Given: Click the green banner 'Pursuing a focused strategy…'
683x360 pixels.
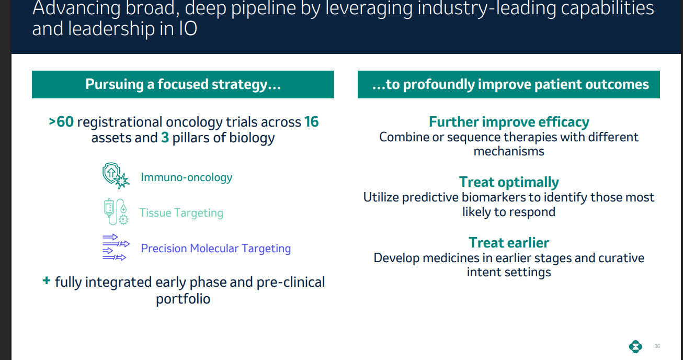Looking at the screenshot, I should coord(183,85).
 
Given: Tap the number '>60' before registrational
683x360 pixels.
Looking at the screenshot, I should coord(61,122).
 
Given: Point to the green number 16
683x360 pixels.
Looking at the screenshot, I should coord(311,122).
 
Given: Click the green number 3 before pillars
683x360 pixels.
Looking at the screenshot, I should coord(165,138).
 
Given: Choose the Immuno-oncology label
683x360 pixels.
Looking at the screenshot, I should coord(186,177).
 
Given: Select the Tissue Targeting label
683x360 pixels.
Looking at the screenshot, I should coord(181,213).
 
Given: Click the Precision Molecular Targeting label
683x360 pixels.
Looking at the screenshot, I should coord(215,249).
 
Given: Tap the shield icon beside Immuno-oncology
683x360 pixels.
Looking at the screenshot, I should coord(115,176).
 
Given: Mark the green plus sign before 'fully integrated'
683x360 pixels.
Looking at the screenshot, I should coord(47,282).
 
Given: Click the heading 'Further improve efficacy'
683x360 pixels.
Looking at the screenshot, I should coord(509,122).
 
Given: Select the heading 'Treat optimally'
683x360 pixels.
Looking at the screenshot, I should coord(509,182).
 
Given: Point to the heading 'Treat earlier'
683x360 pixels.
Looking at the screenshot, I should coord(509,243).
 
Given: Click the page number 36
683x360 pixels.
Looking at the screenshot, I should coord(657,346).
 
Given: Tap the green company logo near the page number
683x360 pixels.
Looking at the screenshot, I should coord(635,346).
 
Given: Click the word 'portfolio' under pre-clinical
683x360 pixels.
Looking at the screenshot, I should coord(183,299).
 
